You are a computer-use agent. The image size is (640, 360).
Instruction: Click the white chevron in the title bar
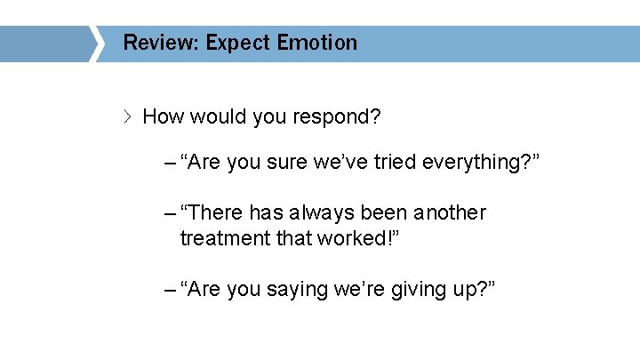coord(96,44)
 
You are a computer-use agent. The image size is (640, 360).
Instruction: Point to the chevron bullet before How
coord(129,116)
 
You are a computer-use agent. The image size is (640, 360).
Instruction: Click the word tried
coord(392,163)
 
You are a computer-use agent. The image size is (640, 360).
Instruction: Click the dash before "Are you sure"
coord(170,164)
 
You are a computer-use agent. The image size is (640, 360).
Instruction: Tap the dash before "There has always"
coord(170,214)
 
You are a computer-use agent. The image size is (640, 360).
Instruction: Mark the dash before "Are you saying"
coord(170,290)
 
